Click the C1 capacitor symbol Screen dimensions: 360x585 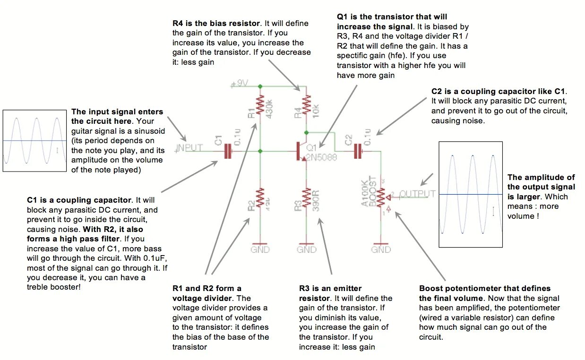[x=229, y=151]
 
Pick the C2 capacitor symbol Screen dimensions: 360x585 [x=359, y=151]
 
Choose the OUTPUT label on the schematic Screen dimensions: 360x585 [x=417, y=194]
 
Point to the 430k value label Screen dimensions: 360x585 [x=269, y=108]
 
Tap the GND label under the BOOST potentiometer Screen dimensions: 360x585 [x=381, y=249]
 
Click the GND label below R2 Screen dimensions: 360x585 [x=260, y=249]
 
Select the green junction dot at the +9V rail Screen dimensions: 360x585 [x=260, y=86]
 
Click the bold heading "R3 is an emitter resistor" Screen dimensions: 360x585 [x=330, y=293]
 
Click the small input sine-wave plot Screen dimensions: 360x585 [x=34, y=141]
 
